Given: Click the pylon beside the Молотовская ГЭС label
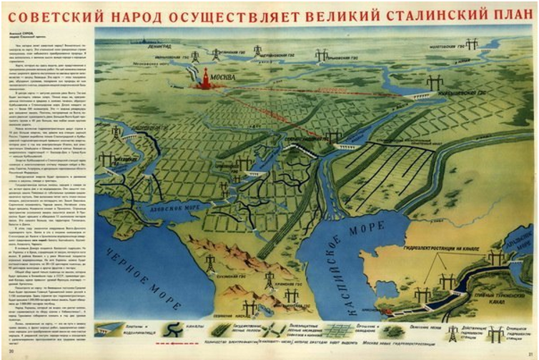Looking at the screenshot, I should point(471,44).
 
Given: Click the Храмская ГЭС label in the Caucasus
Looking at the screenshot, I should point(265,283).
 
